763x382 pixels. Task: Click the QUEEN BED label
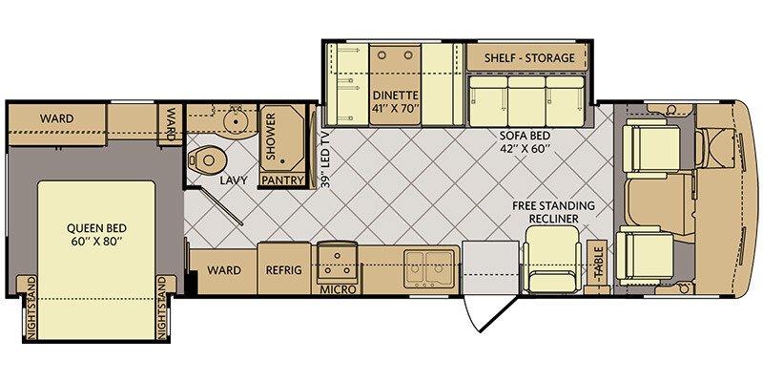[97, 234]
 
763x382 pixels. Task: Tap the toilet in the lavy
[207, 159]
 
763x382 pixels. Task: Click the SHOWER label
[271, 137]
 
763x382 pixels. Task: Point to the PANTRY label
[282, 180]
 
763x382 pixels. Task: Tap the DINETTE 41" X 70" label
[394, 100]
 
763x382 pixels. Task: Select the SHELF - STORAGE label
[529, 58]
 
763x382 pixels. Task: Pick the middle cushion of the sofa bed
[526, 101]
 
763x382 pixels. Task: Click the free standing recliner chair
[553, 259]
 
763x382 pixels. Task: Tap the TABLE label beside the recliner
[598, 262]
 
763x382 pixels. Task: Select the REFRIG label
[283, 270]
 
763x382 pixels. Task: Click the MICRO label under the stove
[338, 289]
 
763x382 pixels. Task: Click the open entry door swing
[490, 313]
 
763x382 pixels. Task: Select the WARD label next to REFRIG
[224, 270]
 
